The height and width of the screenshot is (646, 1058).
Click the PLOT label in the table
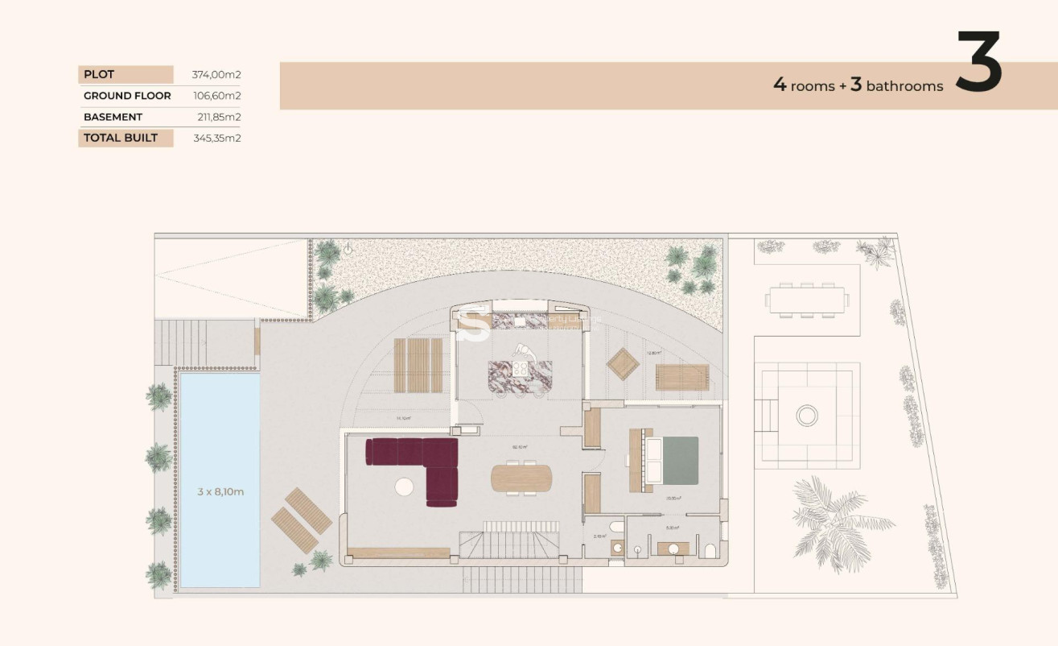[99, 74]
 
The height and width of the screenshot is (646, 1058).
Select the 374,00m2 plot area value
[216, 74]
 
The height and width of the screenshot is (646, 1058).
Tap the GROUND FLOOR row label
[127, 96]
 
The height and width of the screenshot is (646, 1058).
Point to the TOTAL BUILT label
[121, 138]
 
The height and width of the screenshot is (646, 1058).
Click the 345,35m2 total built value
[216, 138]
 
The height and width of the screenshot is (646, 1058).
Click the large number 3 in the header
[978, 62]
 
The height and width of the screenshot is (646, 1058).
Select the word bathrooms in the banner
[904, 86]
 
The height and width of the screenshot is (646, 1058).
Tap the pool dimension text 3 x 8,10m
[220, 491]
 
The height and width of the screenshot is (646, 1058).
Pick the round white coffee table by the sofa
[404, 487]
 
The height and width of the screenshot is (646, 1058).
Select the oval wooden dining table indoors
[521, 478]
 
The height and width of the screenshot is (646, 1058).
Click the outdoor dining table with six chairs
[807, 300]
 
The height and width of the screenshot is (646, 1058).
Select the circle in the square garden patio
[806, 416]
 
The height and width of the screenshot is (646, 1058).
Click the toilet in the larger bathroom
[709, 550]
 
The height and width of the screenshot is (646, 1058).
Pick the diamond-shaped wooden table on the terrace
[623, 364]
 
